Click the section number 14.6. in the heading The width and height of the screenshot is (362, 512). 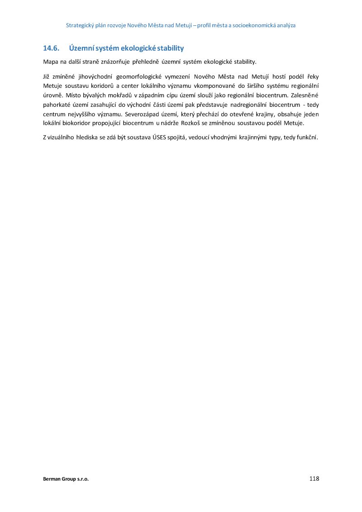51,48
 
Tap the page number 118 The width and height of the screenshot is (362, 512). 314,479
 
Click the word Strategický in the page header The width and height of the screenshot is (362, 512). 79,25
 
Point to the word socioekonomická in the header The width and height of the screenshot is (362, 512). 249,25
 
